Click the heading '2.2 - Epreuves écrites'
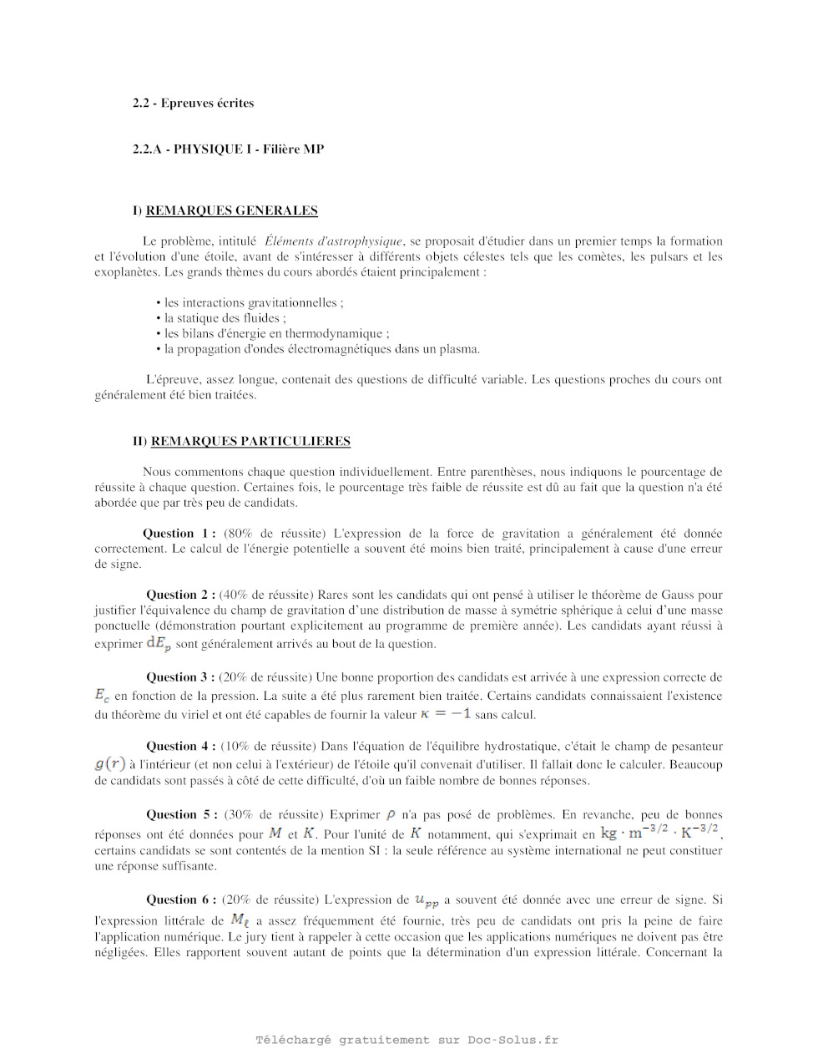[x=193, y=104]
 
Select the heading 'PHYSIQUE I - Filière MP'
[x=248, y=149]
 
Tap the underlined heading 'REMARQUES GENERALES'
[x=231, y=210]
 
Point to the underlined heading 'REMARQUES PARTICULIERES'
[x=250, y=441]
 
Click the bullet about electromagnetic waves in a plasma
[x=321, y=349]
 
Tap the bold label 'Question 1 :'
[x=179, y=534]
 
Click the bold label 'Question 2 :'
[x=181, y=595]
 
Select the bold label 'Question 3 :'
[x=181, y=677]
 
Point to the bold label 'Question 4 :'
[x=181, y=747]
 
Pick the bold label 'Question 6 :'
[x=181, y=900]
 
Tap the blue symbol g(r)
[x=109, y=763]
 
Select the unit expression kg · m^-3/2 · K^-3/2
[x=659, y=833]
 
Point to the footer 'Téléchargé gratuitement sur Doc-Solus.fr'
[x=407, y=1040]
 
